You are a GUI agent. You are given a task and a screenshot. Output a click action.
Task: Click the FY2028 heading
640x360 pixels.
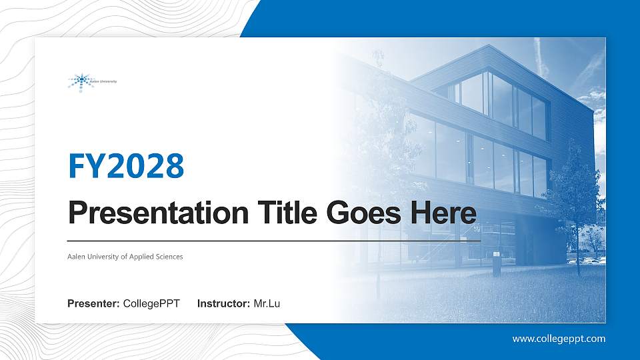click(x=126, y=166)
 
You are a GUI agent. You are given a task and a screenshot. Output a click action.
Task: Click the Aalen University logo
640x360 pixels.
click(x=92, y=81)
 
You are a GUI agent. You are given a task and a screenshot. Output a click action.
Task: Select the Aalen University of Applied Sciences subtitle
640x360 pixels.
click(x=125, y=257)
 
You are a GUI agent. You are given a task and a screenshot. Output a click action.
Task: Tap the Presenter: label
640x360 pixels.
click(x=93, y=304)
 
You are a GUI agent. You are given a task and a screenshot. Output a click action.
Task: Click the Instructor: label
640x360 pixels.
click(x=224, y=304)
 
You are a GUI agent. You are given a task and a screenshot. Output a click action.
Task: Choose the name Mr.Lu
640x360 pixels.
click(x=267, y=304)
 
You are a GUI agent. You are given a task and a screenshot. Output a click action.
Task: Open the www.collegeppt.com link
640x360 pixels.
click(x=559, y=339)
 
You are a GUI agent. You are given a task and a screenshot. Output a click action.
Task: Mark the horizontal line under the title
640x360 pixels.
click(x=273, y=240)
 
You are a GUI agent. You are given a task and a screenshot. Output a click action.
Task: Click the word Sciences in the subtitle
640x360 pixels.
click(x=168, y=257)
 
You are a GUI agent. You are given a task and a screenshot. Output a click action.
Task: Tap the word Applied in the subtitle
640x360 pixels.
click(x=141, y=257)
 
